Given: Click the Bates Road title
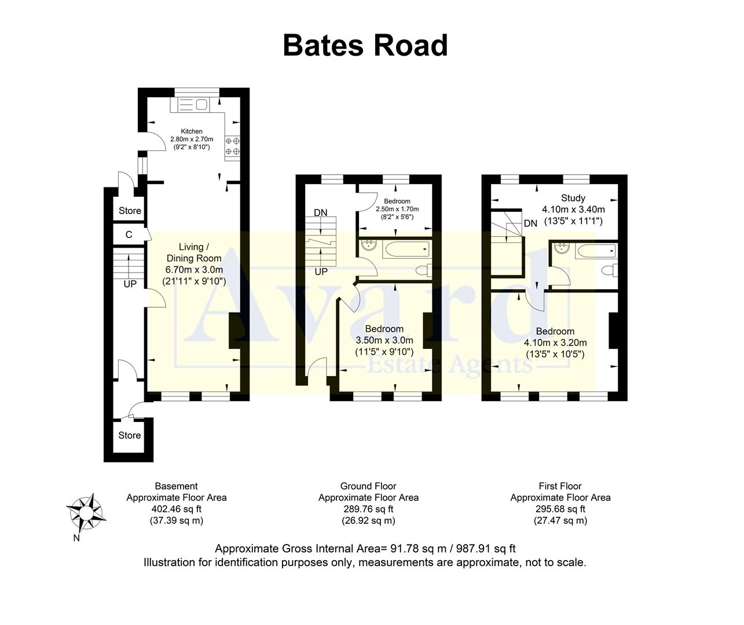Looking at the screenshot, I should pyautogui.click(x=365, y=45).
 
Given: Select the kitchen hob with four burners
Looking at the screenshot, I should pyautogui.click(x=232, y=146).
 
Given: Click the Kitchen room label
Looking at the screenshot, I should pyautogui.click(x=192, y=131).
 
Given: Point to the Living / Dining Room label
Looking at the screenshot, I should pyautogui.click(x=193, y=253).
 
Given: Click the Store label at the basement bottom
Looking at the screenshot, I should pyautogui.click(x=130, y=435).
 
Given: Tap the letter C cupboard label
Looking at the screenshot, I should pyautogui.click(x=129, y=234).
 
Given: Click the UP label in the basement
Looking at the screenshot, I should pyautogui.click(x=130, y=284).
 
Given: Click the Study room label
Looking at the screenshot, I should pyautogui.click(x=573, y=198).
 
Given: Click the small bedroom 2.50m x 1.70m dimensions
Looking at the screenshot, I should pyautogui.click(x=397, y=209).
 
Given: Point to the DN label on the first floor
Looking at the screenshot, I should pyautogui.click(x=530, y=223).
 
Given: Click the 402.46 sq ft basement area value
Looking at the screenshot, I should pyautogui.click(x=177, y=509).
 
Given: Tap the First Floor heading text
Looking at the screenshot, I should pyautogui.click(x=560, y=486).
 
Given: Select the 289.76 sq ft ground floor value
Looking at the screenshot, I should pyautogui.click(x=368, y=509).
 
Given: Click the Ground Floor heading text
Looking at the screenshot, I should pyautogui.click(x=368, y=486).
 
